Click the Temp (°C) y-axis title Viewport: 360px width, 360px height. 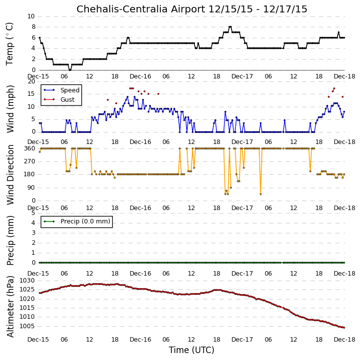tap(9, 44)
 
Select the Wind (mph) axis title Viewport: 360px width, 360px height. tap(10, 109)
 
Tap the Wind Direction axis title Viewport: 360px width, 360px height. tap(10, 174)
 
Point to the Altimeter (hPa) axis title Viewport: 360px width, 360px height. tap(10, 306)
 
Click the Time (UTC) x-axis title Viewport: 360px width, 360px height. tap(192, 350)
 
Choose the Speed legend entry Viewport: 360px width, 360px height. tap(61, 90)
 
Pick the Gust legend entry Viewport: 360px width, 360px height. tap(60, 100)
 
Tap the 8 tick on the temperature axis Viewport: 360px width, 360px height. tap(34, 27)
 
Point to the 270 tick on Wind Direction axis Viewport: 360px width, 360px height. tap(30, 161)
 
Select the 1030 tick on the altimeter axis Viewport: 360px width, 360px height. tap(27, 281)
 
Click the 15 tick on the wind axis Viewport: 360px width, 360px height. tap(32, 94)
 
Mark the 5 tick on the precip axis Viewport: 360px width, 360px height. tap(34, 213)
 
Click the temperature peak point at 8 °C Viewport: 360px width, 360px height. tap(230, 27)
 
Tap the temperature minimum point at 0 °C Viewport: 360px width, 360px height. tap(70, 70)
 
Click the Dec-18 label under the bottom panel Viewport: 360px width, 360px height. tap(345, 339)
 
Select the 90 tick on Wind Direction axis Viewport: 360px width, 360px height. tap(32, 188)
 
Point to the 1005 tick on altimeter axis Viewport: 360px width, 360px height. tap(27, 326)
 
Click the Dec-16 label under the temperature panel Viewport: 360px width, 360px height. tap(141, 76)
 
